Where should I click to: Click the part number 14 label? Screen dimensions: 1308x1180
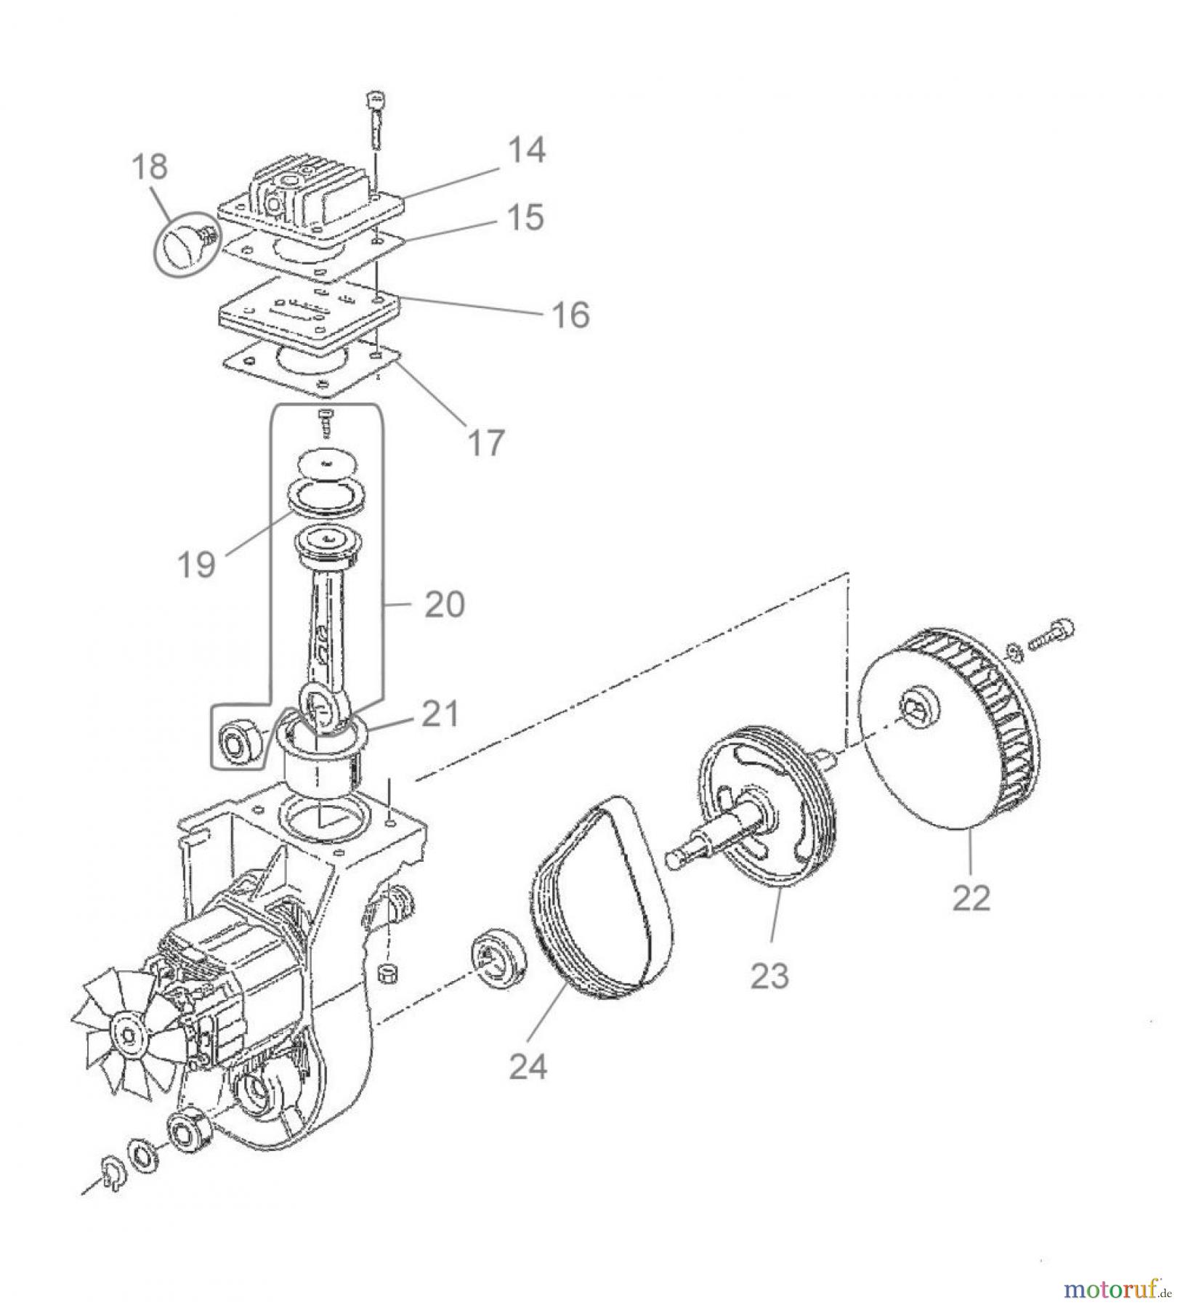tap(525, 151)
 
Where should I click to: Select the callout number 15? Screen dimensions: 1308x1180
tap(525, 217)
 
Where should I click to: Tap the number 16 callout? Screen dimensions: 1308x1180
tap(570, 315)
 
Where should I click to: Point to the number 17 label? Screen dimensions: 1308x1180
tap(485, 442)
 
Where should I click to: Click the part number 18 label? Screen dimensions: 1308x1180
tap(150, 166)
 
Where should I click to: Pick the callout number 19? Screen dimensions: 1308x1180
tap(197, 564)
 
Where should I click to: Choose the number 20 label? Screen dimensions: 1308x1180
tap(444, 605)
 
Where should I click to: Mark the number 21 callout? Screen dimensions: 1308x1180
tap(439, 714)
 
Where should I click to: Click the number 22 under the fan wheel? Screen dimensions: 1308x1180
tap(971, 899)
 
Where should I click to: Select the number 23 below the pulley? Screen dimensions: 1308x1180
tap(769, 976)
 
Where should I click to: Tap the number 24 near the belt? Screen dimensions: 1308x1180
tap(528, 1067)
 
